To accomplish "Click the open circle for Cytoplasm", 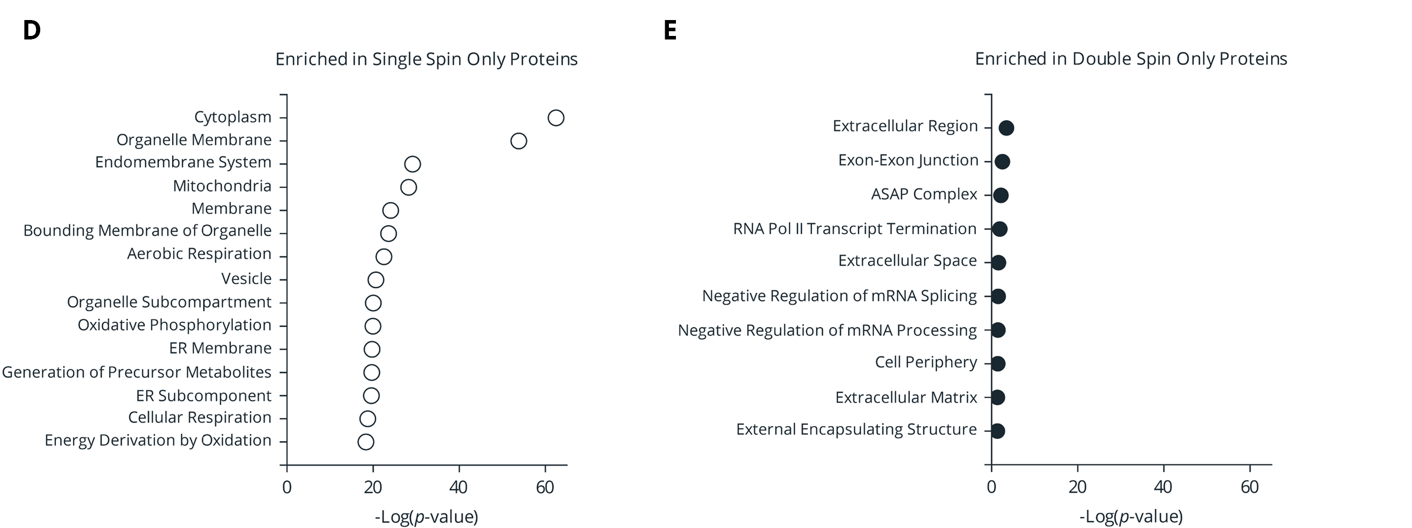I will point(556,118).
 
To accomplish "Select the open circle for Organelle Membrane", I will point(519,141).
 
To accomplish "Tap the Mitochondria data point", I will point(408,187).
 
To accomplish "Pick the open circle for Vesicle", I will point(376,280).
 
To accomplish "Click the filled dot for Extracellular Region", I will point(1007,127).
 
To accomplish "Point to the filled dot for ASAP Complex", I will point(1001,195).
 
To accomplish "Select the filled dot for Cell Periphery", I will point(998,364).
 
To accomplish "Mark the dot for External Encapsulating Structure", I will point(997,431).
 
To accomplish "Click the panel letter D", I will point(32,31).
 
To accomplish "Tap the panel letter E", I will point(670,31).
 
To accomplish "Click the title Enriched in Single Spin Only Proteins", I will point(426,60).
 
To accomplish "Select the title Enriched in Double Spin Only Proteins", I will point(1131,59).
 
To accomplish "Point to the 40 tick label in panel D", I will point(458,487).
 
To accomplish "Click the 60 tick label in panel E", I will point(1249,487).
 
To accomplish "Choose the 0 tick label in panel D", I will point(287,487).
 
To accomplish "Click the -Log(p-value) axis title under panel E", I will point(1131,517).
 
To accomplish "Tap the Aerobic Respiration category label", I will point(199,254).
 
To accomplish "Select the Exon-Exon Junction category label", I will point(908,160).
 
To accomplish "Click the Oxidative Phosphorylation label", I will point(174,325).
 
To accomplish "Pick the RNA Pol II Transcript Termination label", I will point(855,229).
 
